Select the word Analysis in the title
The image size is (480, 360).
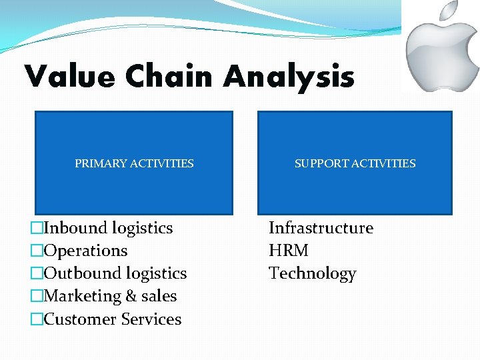[x=289, y=77]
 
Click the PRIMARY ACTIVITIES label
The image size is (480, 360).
[x=134, y=163]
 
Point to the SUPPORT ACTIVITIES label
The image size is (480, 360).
[x=355, y=163]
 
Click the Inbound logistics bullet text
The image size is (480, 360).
[x=108, y=228]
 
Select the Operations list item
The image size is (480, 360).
[x=85, y=251]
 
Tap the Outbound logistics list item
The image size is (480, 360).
[x=115, y=273]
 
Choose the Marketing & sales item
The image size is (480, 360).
[x=110, y=296]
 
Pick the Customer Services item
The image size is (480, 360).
[x=112, y=319]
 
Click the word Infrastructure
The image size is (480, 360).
[x=321, y=228]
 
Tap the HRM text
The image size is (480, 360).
[x=289, y=251]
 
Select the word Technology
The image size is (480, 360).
[x=312, y=273]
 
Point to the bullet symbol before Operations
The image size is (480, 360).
[x=37, y=251]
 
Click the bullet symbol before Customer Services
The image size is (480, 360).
[x=37, y=320]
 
